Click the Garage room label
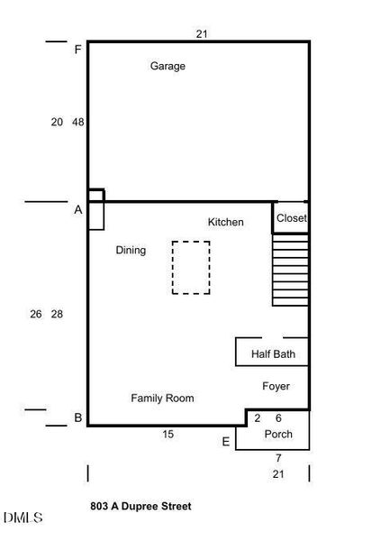168,66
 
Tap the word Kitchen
225,222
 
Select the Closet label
291,218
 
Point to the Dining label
131,250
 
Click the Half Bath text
273,354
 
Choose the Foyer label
276,386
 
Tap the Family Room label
162,398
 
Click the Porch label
277,434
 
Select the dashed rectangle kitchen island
191,267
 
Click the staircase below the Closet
290,270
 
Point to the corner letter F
78,50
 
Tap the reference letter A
78,209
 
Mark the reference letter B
78,417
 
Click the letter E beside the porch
225,441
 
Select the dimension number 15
168,435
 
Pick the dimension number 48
78,122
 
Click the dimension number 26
35,314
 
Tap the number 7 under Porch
278,458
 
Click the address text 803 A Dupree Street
141,507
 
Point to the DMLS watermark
23,518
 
